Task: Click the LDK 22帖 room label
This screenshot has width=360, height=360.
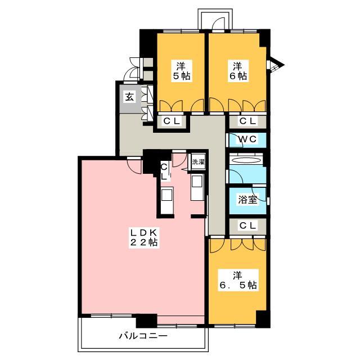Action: (144, 237)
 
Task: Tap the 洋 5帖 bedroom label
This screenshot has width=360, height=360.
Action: (181, 71)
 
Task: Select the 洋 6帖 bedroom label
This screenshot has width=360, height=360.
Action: (238, 71)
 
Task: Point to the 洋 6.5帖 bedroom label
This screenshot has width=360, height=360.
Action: (238, 280)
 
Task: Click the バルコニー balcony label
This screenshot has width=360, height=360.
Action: (143, 336)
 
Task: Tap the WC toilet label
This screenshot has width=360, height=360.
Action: (247, 139)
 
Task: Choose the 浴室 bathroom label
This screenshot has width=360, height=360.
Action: (247, 200)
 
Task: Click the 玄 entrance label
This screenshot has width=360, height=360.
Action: (129, 97)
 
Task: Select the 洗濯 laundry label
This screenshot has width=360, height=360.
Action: (198, 162)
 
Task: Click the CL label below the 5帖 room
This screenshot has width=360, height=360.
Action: (172, 121)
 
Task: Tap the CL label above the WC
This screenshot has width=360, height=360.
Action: (247, 121)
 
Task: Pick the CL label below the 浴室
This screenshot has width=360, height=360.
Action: (247, 226)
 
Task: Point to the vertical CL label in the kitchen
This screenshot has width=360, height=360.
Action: (164, 172)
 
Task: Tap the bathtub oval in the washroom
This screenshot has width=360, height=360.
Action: (246, 160)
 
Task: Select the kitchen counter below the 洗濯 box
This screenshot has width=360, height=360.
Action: (197, 187)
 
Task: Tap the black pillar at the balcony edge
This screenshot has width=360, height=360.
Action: (146, 321)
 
